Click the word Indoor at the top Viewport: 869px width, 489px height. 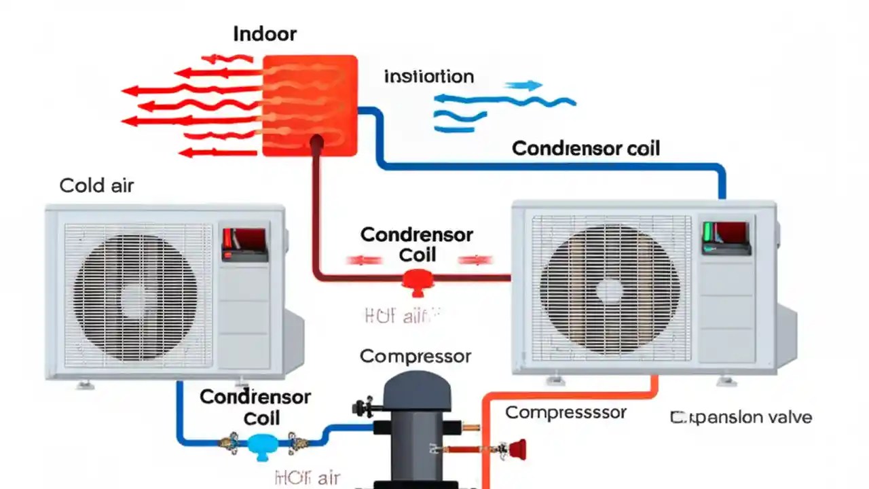[x=265, y=34]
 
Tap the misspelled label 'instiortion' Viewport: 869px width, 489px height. [x=428, y=76]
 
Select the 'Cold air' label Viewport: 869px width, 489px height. [x=96, y=185]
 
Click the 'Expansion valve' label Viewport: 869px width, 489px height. [x=741, y=417]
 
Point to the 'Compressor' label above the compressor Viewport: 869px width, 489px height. [x=415, y=356]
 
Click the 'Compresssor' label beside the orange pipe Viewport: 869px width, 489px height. [x=566, y=412]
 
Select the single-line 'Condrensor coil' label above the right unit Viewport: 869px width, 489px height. [x=585, y=149]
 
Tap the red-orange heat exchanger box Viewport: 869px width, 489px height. [x=310, y=105]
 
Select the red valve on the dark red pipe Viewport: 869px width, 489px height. [x=412, y=280]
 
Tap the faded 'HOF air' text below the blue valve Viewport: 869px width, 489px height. [x=307, y=477]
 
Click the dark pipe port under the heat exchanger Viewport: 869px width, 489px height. [x=316, y=143]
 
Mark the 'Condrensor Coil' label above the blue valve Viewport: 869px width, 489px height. [x=255, y=407]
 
